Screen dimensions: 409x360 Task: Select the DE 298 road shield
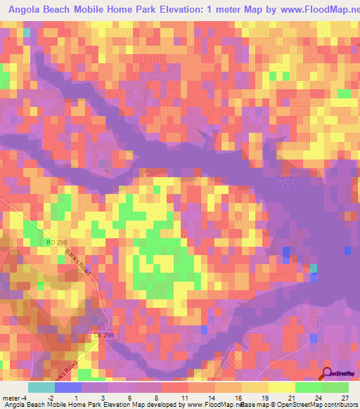(103, 336)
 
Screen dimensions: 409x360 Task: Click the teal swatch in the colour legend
(41, 387)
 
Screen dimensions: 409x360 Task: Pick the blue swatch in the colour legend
(68, 387)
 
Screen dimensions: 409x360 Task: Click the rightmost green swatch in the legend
(335, 387)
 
